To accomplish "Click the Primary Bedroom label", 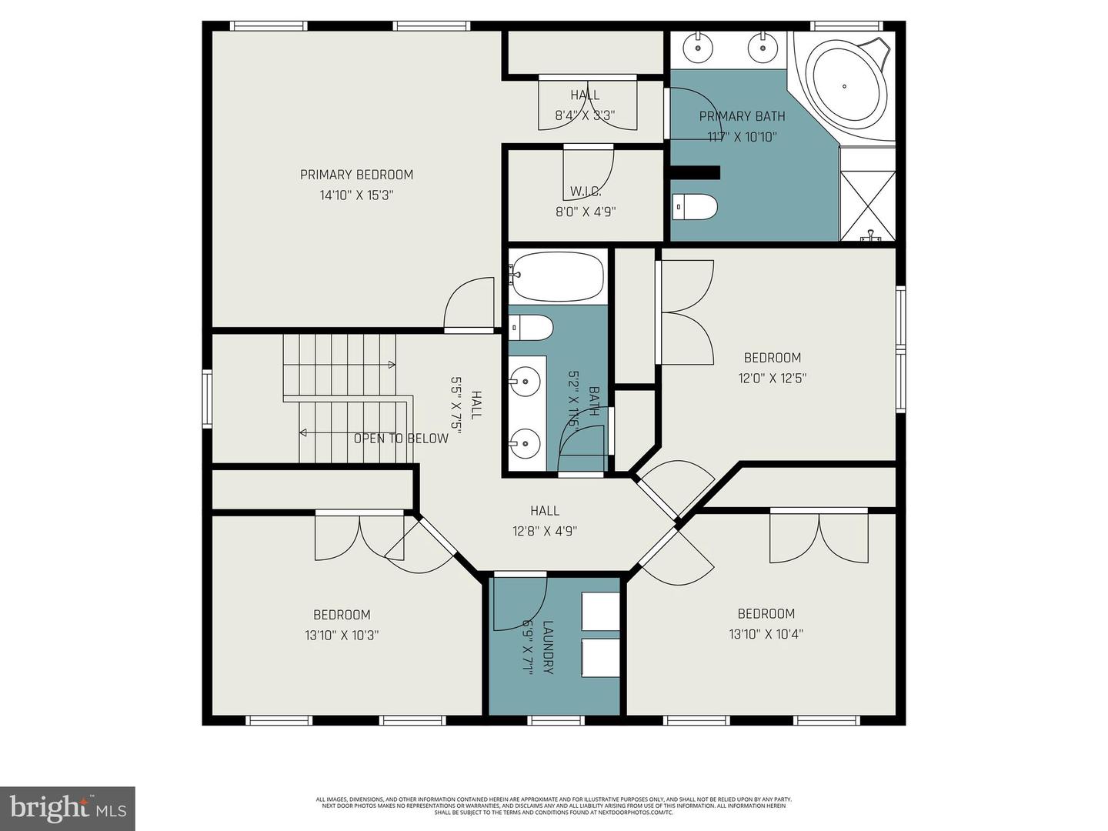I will pyautogui.click(x=356, y=175).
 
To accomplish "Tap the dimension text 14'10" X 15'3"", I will pyautogui.click(x=356, y=195).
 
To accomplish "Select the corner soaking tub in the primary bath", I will pyautogui.click(x=843, y=84).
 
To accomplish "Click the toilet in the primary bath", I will pyautogui.click(x=695, y=206).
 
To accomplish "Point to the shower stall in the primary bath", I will pyautogui.click(x=867, y=197).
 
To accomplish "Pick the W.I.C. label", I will pyautogui.click(x=586, y=192).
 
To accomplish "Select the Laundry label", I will pyautogui.click(x=548, y=647).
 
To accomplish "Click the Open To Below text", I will pyautogui.click(x=401, y=439).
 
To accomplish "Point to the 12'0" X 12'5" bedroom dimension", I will pyautogui.click(x=772, y=379).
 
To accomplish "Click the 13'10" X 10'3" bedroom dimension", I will pyautogui.click(x=342, y=636).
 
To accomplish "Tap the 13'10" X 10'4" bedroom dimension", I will pyautogui.click(x=766, y=634).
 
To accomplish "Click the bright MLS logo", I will pyautogui.click(x=68, y=808).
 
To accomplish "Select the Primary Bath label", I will pyautogui.click(x=742, y=116).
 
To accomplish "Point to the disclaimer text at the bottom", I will pyautogui.click(x=553, y=806).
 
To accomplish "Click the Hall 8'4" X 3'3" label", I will pyautogui.click(x=585, y=105).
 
